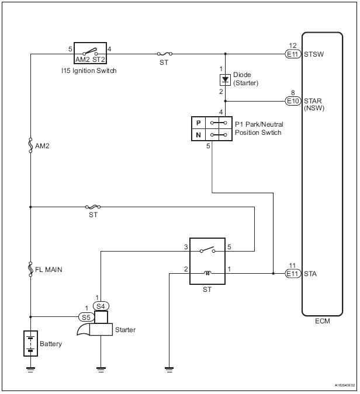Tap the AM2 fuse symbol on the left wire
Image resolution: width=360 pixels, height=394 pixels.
[30, 145]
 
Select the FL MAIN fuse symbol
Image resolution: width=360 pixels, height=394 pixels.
[30, 269]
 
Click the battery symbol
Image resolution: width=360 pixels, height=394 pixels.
[30, 343]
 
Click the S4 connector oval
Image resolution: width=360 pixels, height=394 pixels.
[101, 305]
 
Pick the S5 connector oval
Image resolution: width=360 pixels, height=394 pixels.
[86, 317]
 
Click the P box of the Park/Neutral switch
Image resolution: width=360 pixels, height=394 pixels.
[198, 123]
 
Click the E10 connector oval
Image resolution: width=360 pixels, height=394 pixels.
[293, 100]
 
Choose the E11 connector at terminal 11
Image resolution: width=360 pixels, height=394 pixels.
[293, 273]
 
